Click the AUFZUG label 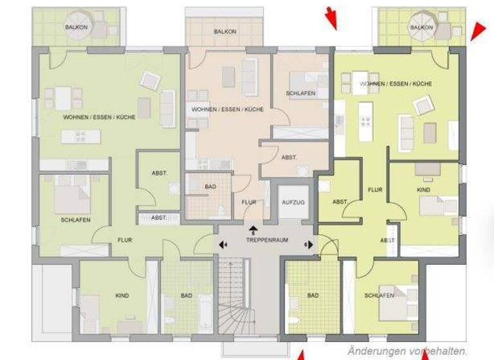293,202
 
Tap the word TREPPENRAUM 266,239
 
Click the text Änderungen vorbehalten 407,351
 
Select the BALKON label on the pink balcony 224,32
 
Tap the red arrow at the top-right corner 477,30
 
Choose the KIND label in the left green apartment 122,296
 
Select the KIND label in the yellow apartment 423,191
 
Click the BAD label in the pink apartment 210,186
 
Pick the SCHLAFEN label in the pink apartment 300,94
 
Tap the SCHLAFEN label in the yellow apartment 379,296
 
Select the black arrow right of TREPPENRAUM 308,244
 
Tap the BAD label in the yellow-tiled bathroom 313,296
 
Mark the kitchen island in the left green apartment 81,136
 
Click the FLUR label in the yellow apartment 375,190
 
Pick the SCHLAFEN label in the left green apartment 75,220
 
